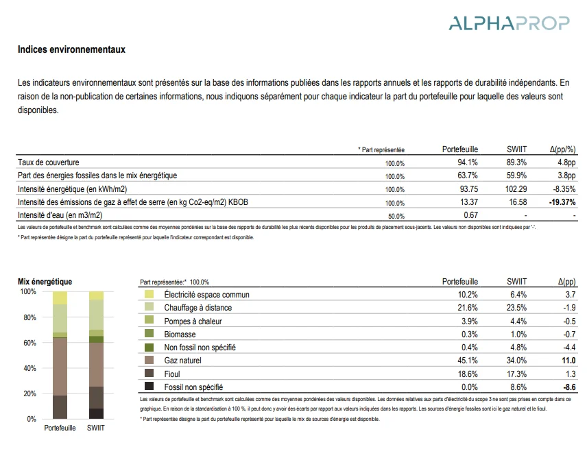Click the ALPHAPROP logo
tap(509, 23)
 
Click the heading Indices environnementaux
tap(71, 49)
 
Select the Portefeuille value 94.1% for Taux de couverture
tap(468, 162)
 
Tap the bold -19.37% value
tap(562, 202)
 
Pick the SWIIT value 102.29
tap(516, 189)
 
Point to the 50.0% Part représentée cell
tap(396, 216)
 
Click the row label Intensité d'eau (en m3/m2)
tap(60, 215)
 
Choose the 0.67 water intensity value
tap(470, 215)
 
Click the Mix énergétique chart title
tap(45, 281)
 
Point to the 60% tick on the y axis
tap(29, 343)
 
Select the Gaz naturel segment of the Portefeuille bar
tap(60, 367)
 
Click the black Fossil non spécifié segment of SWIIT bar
tap(96, 413)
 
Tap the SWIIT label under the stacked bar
tap(96, 428)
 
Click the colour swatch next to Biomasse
tap(149, 333)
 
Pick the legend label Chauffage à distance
tap(198, 308)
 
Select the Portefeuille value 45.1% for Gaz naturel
tap(468, 361)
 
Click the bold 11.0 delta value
tap(568, 361)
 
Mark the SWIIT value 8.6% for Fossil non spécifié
tap(518, 387)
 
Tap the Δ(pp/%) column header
tap(563, 149)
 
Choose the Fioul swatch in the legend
tap(149, 373)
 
